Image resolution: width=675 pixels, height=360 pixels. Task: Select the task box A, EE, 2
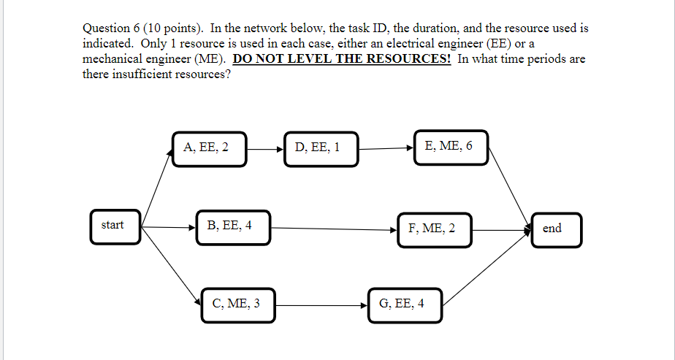coord(209,148)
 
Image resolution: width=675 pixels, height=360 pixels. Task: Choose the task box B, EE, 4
coord(232,227)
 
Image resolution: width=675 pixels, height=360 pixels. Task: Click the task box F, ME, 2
coord(434,229)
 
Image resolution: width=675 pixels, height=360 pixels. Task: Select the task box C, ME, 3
coord(237,305)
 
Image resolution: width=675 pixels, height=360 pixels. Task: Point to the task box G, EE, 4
coord(404,305)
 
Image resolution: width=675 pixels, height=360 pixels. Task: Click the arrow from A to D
coord(264,149)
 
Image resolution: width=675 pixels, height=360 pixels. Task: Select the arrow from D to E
coord(386,149)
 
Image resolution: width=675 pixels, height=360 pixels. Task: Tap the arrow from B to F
coord(333,229)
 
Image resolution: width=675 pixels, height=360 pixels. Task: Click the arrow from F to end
coord(501,229)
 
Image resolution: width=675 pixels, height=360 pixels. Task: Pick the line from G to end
coord(486,266)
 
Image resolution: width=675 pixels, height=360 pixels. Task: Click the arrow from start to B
coord(168,227)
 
